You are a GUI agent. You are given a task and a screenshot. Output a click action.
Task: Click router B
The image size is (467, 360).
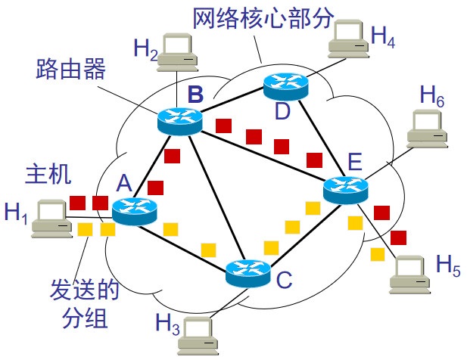coord(179,119)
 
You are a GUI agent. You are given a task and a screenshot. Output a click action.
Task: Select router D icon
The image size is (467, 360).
coord(285,87)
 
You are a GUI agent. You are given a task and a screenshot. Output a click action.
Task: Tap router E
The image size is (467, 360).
coord(344,189)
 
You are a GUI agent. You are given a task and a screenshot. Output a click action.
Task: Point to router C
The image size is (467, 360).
coord(248,272)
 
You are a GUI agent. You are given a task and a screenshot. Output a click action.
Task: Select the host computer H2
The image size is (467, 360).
coord(176,51)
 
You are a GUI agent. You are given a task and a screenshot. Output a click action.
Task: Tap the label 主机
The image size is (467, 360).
coord(48,175)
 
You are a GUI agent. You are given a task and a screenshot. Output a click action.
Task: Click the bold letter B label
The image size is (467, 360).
coord(196,95)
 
